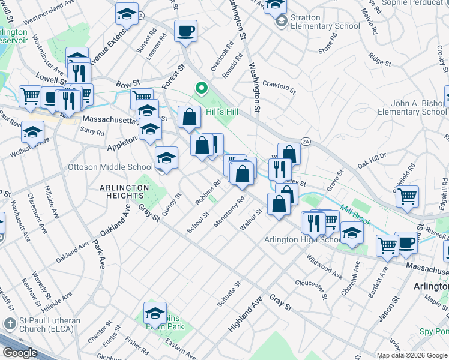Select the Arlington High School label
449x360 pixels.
click(x=303, y=240)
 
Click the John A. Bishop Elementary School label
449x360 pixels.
click(x=411, y=107)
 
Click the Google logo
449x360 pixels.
click(x=20, y=353)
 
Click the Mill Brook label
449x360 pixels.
click(x=356, y=215)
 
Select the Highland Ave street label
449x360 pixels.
click(x=246, y=317)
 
